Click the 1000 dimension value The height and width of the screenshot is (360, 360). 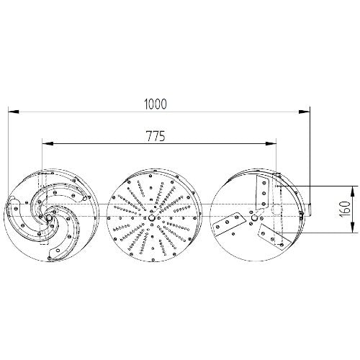pyautogui.click(x=156, y=104)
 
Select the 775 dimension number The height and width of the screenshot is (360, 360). pyautogui.click(x=156, y=136)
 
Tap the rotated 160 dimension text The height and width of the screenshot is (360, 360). pyautogui.click(x=345, y=209)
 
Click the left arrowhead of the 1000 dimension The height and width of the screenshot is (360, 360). pyautogui.click(x=14, y=112)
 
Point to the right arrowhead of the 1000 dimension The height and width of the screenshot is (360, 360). pyautogui.click(x=304, y=112)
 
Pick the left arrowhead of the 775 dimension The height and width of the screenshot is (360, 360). pyautogui.click(x=48, y=144)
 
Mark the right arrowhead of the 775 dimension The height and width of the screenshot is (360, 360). pyautogui.click(x=271, y=144)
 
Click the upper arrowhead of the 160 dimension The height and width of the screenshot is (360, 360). pyautogui.click(x=352, y=192)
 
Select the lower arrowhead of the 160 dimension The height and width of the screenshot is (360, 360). pyautogui.click(x=352, y=227)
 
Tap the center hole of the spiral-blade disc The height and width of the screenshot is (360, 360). pyautogui.click(x=49, y=217)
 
